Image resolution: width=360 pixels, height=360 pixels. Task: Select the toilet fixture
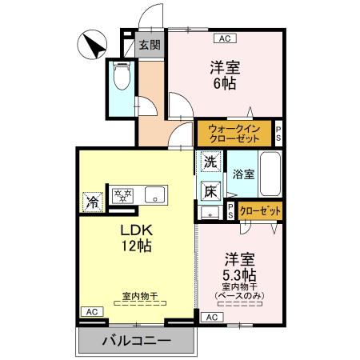(x=122, y=78)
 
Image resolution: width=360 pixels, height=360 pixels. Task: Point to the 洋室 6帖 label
(x=225, y=75)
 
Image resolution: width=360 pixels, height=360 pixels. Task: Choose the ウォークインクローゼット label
(x=234, y=133)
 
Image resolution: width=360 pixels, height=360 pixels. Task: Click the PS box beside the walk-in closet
(x=278, y=133)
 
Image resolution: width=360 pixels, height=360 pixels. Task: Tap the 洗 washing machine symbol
(x=210, y=161)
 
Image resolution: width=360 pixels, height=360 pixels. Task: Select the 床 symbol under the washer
(x=210, y=190)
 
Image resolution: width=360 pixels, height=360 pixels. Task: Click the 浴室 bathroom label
(x=243, y=174)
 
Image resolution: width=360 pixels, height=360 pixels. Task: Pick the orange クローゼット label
(x=260, y=211)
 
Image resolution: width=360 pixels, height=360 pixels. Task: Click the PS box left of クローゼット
(x=230, y=211)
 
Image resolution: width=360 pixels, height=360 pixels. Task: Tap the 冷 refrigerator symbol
(x=93, y=200)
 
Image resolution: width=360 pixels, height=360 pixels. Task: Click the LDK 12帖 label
(x=136, y=238)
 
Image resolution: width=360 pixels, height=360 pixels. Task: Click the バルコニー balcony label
(x=136, y=342)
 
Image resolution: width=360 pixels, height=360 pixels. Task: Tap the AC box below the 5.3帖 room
(x=211, y=318)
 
